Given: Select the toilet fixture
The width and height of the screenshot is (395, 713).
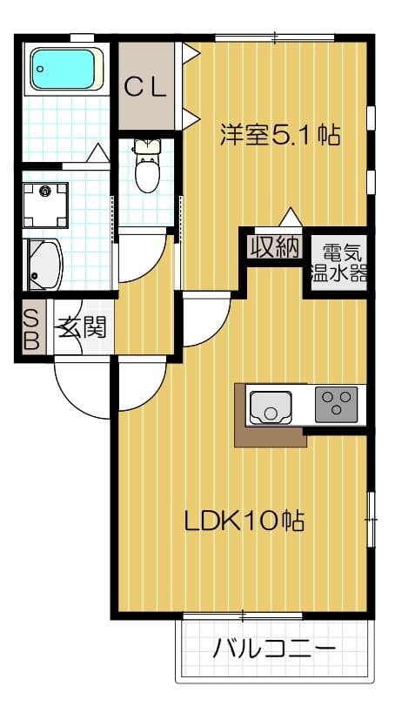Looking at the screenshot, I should coord(148,169).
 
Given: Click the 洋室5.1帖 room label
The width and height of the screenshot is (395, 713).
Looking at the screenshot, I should coord(279,136).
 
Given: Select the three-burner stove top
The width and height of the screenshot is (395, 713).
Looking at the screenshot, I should coord(336,405).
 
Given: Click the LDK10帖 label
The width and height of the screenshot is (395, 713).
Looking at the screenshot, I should coord(244,520).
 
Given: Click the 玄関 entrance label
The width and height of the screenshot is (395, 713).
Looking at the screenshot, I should coord(83,327).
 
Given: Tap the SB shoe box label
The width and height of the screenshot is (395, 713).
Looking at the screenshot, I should coord(30,328).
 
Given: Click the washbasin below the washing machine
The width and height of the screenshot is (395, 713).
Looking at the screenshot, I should coord(44,264).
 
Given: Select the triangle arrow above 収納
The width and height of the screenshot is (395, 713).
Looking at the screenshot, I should coord(290,217).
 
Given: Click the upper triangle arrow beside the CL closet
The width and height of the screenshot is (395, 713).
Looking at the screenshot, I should coord(191,54).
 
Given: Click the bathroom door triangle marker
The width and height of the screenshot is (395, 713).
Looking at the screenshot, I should coord(97,153).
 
